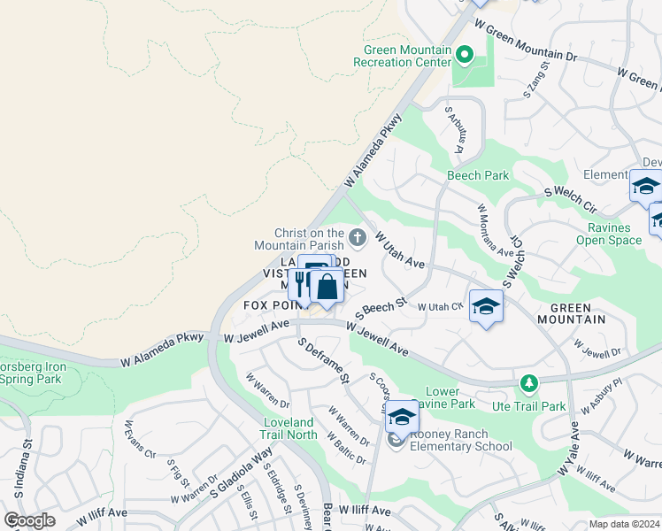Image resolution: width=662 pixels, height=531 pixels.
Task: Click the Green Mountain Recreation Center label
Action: coord(403,56)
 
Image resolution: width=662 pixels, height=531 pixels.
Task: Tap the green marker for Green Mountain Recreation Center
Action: coord(464,57)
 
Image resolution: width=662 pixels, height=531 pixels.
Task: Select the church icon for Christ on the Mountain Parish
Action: coord(358,236)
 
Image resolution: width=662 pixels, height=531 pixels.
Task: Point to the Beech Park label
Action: coord(478,175)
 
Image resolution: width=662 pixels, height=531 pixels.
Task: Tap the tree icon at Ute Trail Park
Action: coord(528,383)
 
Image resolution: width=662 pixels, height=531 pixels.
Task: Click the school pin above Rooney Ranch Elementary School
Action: coord(402,416)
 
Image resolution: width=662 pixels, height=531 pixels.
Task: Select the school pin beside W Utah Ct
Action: coord(486,307)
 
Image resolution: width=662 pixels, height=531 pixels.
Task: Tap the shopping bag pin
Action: coord(327,287)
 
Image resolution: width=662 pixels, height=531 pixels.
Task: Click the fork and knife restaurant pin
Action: coord(301,284)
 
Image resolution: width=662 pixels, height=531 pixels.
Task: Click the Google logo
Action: coord(29,520)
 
